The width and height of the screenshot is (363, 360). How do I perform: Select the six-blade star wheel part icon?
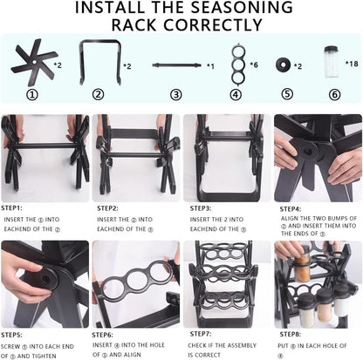click(32, 64)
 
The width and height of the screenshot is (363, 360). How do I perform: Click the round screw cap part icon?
click(284, 65)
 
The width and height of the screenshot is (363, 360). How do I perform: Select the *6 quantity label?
click(255, 65)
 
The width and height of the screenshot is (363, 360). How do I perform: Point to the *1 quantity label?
click(210, 65)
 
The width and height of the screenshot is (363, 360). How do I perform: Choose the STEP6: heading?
click(107, 334)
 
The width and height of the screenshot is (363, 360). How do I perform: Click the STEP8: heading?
click(291, 334)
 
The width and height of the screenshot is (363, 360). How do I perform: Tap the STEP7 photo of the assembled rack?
click(225, 283)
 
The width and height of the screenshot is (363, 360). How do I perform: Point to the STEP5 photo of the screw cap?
click(45, 283)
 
